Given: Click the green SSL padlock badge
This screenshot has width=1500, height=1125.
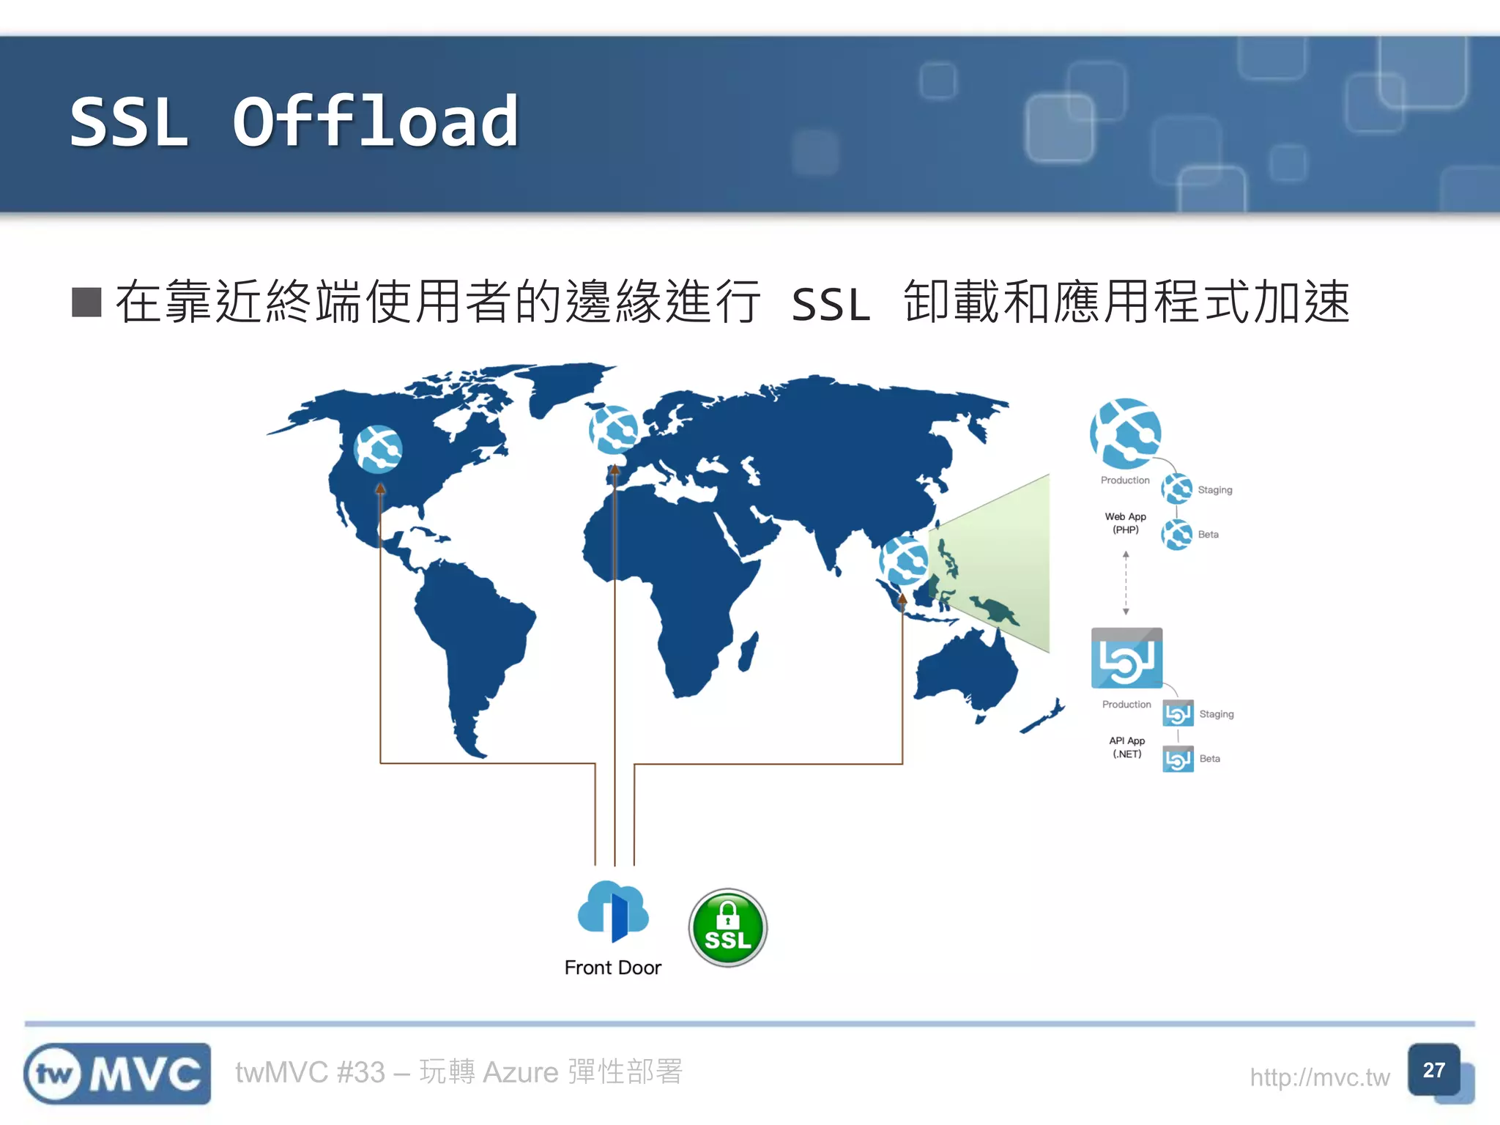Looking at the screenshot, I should pyautogui.click(x=727, y=927).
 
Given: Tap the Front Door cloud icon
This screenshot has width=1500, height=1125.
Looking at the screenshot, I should pyautogui.click(x=613, y=911).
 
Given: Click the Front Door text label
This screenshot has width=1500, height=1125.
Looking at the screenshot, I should pyautogui.click(x=613, y=968).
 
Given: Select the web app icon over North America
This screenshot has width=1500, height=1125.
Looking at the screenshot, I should pyautogui.click(x=378, y=448).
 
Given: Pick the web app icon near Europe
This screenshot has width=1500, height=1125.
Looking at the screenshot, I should pyautogui.click(x=614, y=429).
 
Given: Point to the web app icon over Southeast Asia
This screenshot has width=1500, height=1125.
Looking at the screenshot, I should pyautogui.click(x=904, y=560).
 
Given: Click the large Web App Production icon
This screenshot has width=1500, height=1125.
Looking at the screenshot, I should pyautogui.click(x=1126, y=434).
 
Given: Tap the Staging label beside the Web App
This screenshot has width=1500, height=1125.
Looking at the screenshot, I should pyautogui.click(x=1215, y=490).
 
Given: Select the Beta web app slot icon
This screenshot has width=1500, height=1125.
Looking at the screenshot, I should pyautogui.click(x=1177, y=535).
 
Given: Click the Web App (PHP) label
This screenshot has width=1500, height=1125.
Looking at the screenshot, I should pyautogui.click(x=1126, y=523).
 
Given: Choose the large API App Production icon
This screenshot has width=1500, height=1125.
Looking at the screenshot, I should pyautogui.click(x=1126, y=658).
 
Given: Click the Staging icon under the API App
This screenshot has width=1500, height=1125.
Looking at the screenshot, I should pyautogui.click(x=1178, y=713).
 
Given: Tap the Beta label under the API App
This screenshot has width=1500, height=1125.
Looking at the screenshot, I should pyautogui.click(x=1210, y=759).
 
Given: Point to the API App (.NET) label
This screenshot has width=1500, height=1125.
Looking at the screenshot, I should pyautogui.click(x=1126, y=747).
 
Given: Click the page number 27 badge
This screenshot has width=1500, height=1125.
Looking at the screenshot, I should pyautogui.click(x=1434, y=1070).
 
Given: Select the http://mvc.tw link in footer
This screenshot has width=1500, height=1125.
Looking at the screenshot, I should pyautogui.click(x=1319, y=1077).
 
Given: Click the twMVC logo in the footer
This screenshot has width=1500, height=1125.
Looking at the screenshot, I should pyautogui.click(x=117, y=1074).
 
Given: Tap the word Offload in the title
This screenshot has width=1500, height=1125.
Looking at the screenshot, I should pyautogui.click(x=376, y=122).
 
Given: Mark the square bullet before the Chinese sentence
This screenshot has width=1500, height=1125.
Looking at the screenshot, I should pyautogui.click(x=86, y=302).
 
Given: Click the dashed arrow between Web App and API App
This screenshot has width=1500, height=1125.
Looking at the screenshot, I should pyautogui.click(x=1126, y=583).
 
